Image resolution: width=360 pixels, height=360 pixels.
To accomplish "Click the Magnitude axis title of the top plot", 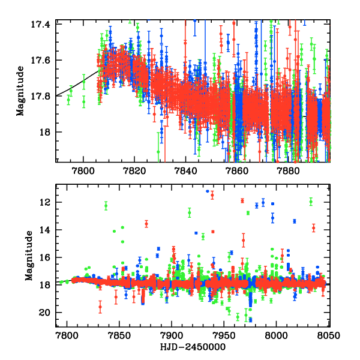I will tap(20, 91).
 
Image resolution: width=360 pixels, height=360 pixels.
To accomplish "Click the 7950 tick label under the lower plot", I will tap(224, 335).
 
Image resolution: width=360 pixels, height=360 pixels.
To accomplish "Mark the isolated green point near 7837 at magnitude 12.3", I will tap(106, 206).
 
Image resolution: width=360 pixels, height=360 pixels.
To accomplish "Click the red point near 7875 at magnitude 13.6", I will tap(146, 224).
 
